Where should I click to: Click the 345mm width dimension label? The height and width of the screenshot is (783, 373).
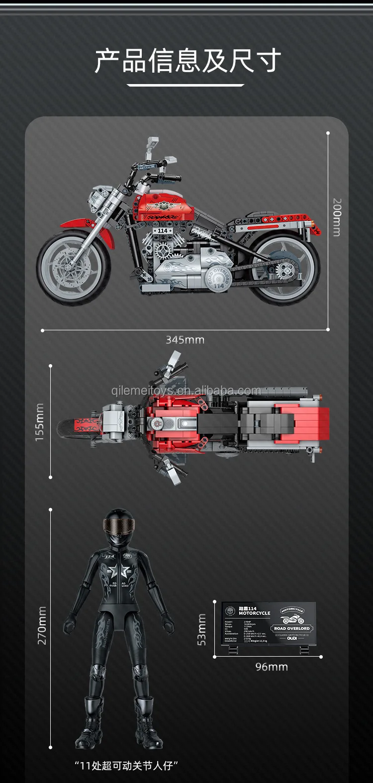tap(185, 340)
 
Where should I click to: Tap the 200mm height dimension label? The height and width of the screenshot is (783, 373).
tap(337, 217)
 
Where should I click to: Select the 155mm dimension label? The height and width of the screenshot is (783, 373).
tap(40, 422)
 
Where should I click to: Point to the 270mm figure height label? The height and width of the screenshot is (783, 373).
tap(42, 625)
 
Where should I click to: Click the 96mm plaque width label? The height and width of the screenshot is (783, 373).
tap(272, 667)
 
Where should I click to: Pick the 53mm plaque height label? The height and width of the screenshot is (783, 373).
tap(201, 629)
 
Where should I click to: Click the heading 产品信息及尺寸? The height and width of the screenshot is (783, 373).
tap(187, 61)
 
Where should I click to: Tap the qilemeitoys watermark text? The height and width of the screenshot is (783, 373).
tap(186, 391)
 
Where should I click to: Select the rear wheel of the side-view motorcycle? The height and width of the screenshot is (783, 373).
tap(284, 269)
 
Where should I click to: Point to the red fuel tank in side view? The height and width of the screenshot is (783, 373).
tap(164, 207)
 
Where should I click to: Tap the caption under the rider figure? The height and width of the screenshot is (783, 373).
tap(126, 766)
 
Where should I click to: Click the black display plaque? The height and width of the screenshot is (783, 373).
tap(269, 624)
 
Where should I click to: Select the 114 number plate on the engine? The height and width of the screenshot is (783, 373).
tap(163, 231)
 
